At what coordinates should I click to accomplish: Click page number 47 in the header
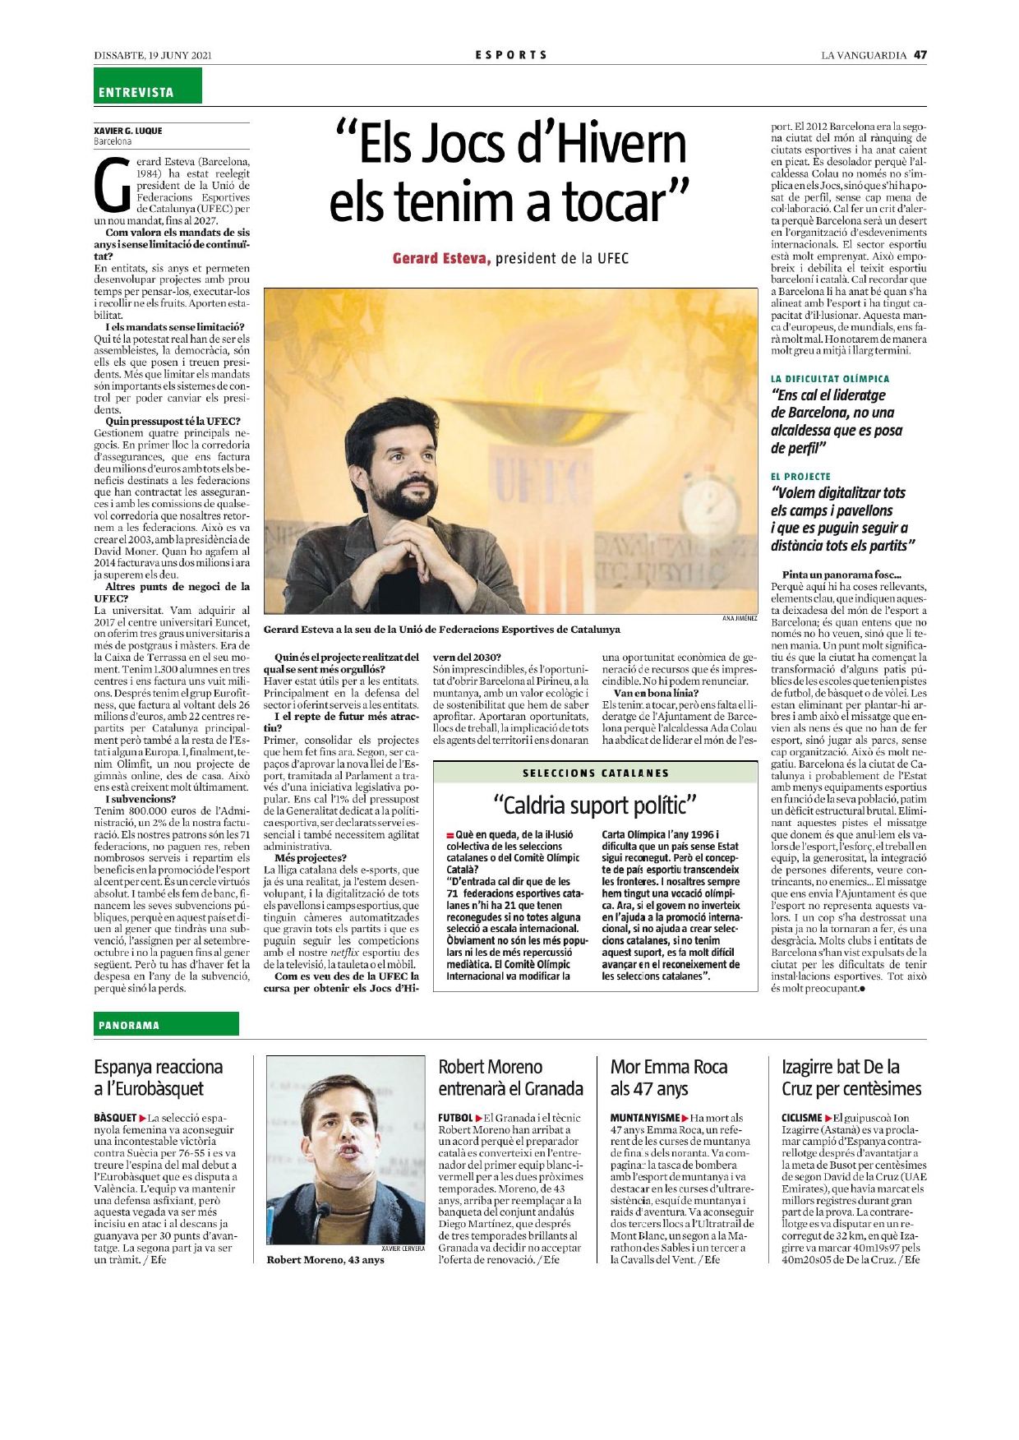(x=920, y=55)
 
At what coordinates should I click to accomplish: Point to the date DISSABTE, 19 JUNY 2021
(x=153, y=55)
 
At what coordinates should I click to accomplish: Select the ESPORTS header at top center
(x=510, y=55)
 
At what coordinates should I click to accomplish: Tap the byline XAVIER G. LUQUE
(x=128, y=131)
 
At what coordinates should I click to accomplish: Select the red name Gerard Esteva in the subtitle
(x=441, y=259)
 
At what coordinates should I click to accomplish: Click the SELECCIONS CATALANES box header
(x=595, y=773)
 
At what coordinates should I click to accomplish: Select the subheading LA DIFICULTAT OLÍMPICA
(x=829, y=379)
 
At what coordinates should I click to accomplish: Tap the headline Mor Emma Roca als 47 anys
(x=668, y=1078)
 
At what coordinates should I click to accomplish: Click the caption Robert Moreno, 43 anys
(x=325, y=1260)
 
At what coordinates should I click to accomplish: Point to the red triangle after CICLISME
(x=828, y=1118)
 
